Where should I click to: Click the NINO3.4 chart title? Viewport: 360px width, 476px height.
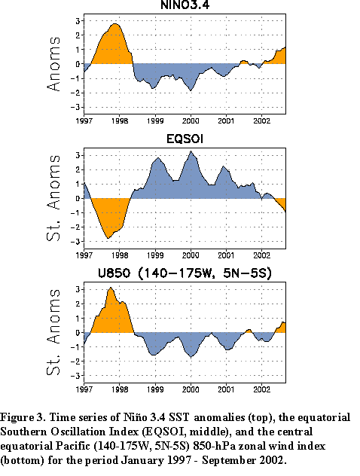(x=185, y=5)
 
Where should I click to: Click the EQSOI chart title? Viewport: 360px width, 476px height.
(x=185, y=139)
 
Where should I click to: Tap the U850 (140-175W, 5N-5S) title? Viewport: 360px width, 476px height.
(x=185, y=273)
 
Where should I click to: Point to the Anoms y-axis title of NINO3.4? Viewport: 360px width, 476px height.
(x=53, y=64)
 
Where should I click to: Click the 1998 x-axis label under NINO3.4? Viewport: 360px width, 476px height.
(x=120, y=121)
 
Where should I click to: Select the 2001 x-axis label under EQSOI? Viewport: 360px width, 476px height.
(x=226, y=255)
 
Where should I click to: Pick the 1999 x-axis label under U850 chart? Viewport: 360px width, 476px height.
(x=155, y=389)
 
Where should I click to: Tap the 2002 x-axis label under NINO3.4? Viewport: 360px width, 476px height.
(x=261, y=121)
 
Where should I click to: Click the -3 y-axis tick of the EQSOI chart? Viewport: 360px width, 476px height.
(x=75, y=242)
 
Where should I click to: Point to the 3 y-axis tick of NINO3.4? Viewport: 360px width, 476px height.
(x=78, y=21)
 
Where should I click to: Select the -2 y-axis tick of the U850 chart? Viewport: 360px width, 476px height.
(x=75, y=362)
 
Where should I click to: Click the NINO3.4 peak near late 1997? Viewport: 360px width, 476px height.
(x=114, y=23)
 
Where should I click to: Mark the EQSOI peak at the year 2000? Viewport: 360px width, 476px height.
(x=191, y=151)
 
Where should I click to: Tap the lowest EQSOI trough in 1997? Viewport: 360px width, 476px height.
(x=108, y=238)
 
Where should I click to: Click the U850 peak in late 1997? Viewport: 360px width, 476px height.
(x=111, y=288)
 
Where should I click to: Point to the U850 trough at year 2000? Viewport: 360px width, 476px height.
(x=191, y=357)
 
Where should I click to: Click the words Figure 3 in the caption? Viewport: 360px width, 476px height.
(x=23, y=417)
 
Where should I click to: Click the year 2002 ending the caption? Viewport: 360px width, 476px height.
(x=273, y=460)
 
